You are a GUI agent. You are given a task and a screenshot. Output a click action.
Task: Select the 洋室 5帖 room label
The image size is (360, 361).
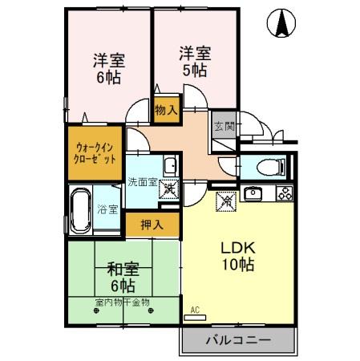(x=195, y=61)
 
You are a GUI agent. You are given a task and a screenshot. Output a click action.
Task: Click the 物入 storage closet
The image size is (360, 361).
(x=166, y=108)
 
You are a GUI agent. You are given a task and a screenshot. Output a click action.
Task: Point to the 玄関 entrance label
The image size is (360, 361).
(x=224, y=126)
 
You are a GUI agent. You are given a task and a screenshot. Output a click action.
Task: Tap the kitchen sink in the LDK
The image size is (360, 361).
(x=253, y=193)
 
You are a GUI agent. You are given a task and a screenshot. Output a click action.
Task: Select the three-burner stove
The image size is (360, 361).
(x=285, y=193)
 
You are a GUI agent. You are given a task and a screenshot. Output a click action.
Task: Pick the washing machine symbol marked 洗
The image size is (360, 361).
(x=170, y=193)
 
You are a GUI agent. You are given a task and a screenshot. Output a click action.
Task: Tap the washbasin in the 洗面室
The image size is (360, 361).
(x=169, y=167)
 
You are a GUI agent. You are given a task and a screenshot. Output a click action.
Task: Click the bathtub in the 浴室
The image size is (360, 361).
(x=80, y=209)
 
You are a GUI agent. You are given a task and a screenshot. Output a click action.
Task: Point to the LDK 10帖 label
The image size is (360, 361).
(x=239, y=255)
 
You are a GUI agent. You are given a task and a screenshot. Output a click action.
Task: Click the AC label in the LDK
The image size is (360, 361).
(x=195, y=310)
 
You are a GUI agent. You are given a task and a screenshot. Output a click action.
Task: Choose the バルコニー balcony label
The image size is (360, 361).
(x=238, y=340)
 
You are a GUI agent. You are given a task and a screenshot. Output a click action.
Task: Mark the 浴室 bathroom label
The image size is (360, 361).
(x=108, y=209)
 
